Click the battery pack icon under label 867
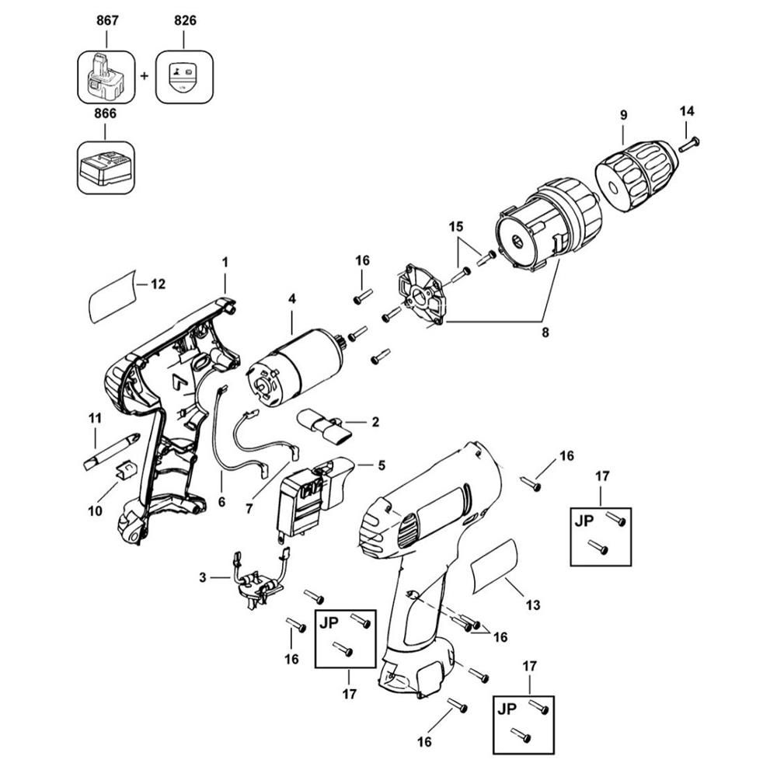(106, 77)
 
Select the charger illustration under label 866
(106, 168)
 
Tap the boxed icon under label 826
(184, 77)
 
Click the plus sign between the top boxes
(145, 76)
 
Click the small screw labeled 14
(689, 145)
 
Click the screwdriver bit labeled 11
(111, 451)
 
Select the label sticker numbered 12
(112, 296)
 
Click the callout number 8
(545, 332)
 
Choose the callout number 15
(456, 227)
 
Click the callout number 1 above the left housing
(225, 262)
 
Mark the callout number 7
(249, 508)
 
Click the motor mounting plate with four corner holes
(420, 294)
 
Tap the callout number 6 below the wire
(221, 502)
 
